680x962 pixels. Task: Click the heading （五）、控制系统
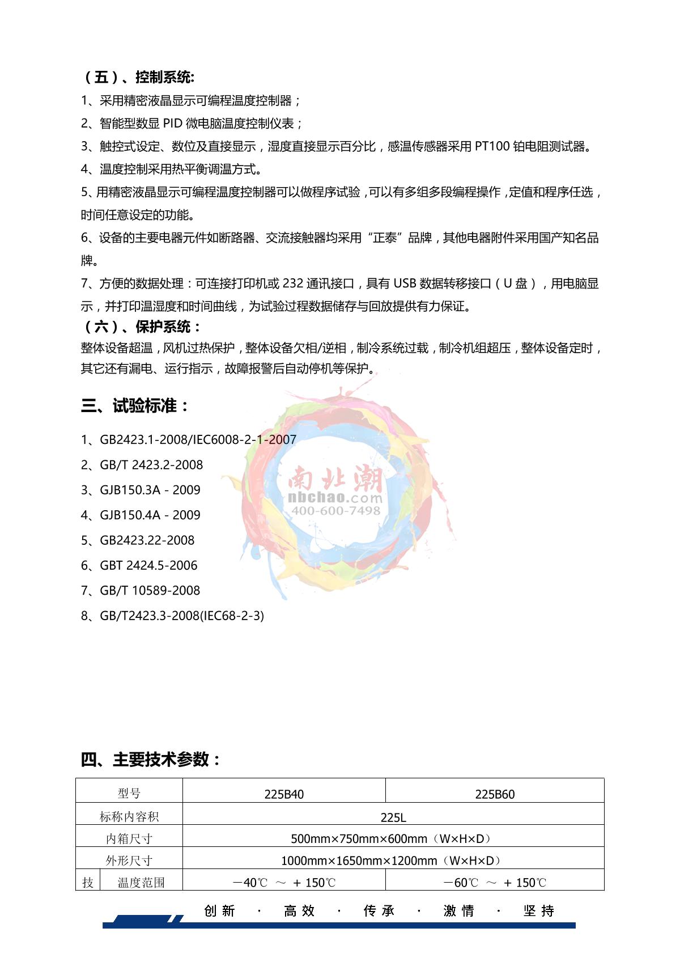click(139, 78)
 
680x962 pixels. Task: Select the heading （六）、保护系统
click(142, 327)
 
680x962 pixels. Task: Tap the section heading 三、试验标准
click(135, 406)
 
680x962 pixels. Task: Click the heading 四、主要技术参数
click(151, 759)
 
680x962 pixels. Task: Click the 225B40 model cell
click(284, 794)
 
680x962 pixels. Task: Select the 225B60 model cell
click(495, 794)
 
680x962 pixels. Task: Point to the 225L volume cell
click(393, 817)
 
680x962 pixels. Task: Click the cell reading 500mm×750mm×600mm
click(391, 838)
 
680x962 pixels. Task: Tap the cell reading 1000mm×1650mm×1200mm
click(391, 861)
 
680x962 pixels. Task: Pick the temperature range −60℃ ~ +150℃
click(495, 883)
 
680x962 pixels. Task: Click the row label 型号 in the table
click(129, 794)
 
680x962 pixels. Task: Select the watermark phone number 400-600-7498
click(335, 511)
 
